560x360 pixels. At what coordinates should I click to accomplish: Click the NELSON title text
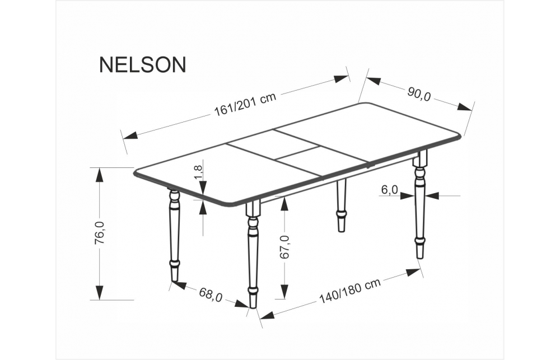(x=142, y=64)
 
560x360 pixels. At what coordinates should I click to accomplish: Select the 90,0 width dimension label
(x=419, y=94)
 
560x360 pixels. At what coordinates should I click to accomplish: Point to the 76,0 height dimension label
(x=100, y=233)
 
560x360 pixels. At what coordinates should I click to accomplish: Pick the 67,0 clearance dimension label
(x=284, y=247)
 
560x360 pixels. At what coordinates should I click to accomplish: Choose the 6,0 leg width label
(x=389, y=190)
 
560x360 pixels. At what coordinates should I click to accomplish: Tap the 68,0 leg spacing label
(x=211, y=295)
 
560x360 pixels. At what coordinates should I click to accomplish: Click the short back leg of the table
(x=342, y=206)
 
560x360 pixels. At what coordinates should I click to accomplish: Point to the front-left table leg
(x=252, y=254)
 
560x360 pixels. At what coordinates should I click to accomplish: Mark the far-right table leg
(x=420, y=204)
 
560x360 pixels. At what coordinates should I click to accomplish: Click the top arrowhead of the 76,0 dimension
(x=100, y=175)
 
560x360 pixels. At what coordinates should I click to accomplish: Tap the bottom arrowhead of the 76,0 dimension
(x=100, y=293)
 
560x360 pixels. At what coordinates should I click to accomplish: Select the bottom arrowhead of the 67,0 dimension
(x=284, y=292)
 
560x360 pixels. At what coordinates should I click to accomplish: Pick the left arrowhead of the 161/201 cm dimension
(x=130, y=135)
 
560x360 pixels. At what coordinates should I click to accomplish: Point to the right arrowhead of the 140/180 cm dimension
(x=413, y=273)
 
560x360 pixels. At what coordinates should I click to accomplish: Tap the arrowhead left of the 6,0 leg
(x=407, y=196)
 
